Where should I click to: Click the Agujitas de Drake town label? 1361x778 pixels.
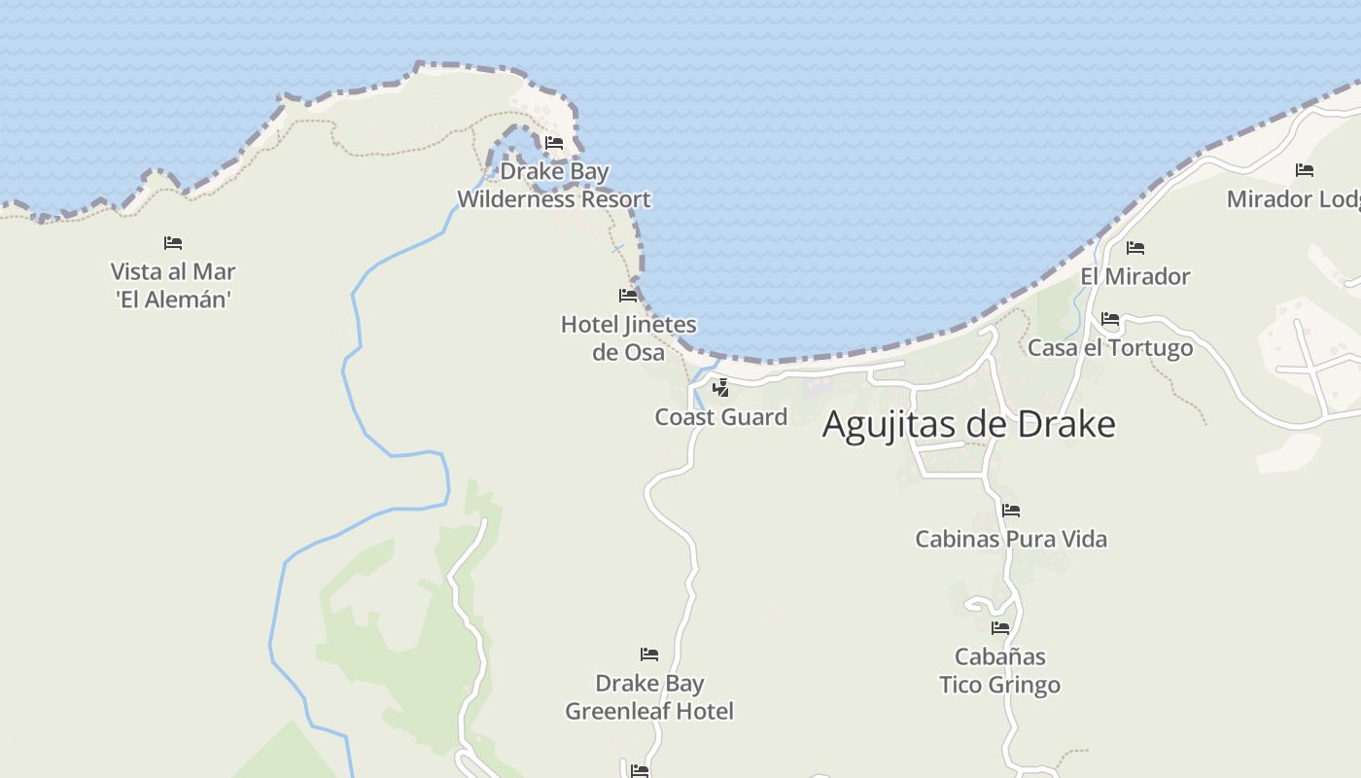(x=968, y=425)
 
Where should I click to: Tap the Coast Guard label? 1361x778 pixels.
(x=720, y=417)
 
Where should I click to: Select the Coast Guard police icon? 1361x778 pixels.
(x=720, y=388)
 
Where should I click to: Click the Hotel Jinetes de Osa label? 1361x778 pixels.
(x=629, y=337)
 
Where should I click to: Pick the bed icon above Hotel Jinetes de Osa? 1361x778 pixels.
(x=628, y=295)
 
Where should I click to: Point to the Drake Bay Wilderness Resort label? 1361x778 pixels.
(x=554, y=186)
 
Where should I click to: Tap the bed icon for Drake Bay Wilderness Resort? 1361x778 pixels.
(x=554, y=143)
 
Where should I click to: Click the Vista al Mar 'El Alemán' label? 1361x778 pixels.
(x=173, y=285)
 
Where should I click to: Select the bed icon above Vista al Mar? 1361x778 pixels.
(x=173, y=242)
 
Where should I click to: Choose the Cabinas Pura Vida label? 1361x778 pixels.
(x=1011, y=539)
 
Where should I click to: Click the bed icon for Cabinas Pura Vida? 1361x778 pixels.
(x=1011, y=510)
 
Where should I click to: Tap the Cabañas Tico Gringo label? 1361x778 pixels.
(x=999, y=671)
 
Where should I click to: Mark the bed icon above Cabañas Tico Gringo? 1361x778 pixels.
(x=1000, y=628)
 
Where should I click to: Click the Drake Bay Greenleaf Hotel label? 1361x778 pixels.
(x=649, y=697)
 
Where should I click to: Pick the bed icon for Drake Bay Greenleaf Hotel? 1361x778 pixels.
(x=649, y=654)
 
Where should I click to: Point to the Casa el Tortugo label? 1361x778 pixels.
(x=1110, y=348)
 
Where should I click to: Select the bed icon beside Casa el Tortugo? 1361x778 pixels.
(x=1110, y=319)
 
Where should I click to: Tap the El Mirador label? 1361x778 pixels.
(x=1135, y=277)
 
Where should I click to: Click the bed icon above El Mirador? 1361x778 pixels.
(x=1135, y=248)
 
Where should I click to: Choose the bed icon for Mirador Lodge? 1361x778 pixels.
(x=1305, y=170)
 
